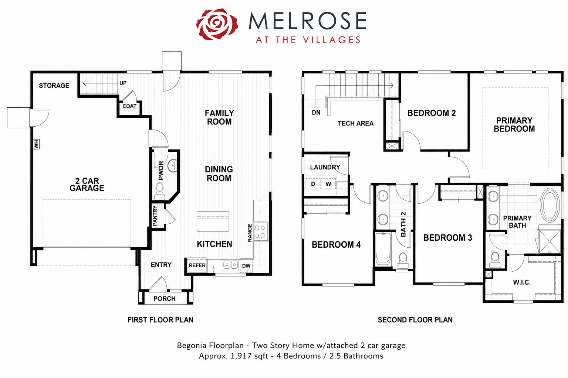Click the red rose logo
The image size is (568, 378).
point(217,24)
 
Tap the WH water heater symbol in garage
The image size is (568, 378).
point(37,144)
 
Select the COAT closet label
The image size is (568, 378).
point(129,106)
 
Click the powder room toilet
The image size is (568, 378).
point(159,191)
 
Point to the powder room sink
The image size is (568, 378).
point(173,166)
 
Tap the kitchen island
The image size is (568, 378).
point(213,221)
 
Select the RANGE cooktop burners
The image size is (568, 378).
point(261,231)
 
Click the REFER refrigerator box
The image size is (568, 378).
point(197,265)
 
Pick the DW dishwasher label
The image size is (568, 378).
point(246,266)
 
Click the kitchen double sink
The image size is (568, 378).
point(230,265)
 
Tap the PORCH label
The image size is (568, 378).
point(165,299)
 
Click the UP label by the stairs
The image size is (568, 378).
point(123,83)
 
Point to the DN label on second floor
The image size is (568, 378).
point(316,113)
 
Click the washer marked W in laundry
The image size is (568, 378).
point(328,184)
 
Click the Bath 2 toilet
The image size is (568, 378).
point(403,261)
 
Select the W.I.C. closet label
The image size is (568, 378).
point(522,282)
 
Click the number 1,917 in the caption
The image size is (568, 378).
point(241,356)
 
